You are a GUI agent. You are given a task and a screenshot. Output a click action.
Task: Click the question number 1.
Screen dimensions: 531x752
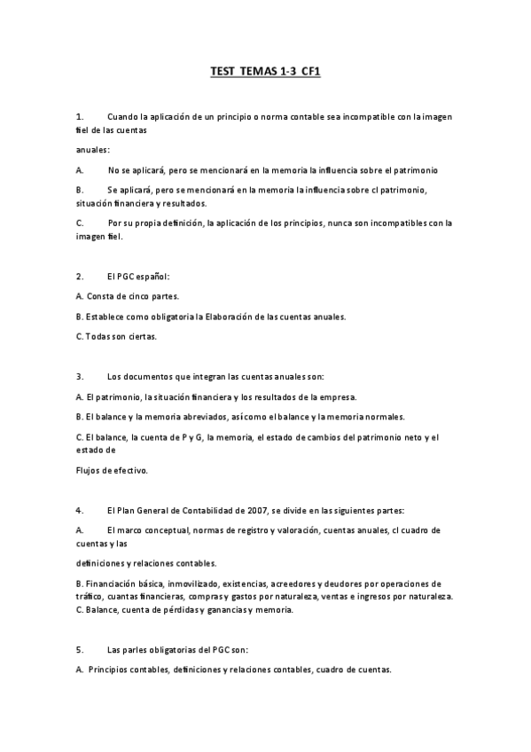point(80,116)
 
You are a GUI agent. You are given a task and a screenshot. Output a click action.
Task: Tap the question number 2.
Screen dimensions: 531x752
point(80,277)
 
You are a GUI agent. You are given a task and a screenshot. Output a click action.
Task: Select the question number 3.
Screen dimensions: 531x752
point(80,376)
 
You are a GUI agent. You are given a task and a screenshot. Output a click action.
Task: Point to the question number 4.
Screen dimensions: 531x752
point(80,510)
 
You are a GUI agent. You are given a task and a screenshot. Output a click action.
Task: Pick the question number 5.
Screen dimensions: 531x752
point(80,649)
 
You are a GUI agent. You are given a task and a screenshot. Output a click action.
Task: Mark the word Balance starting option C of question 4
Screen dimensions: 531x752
point(103,610)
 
